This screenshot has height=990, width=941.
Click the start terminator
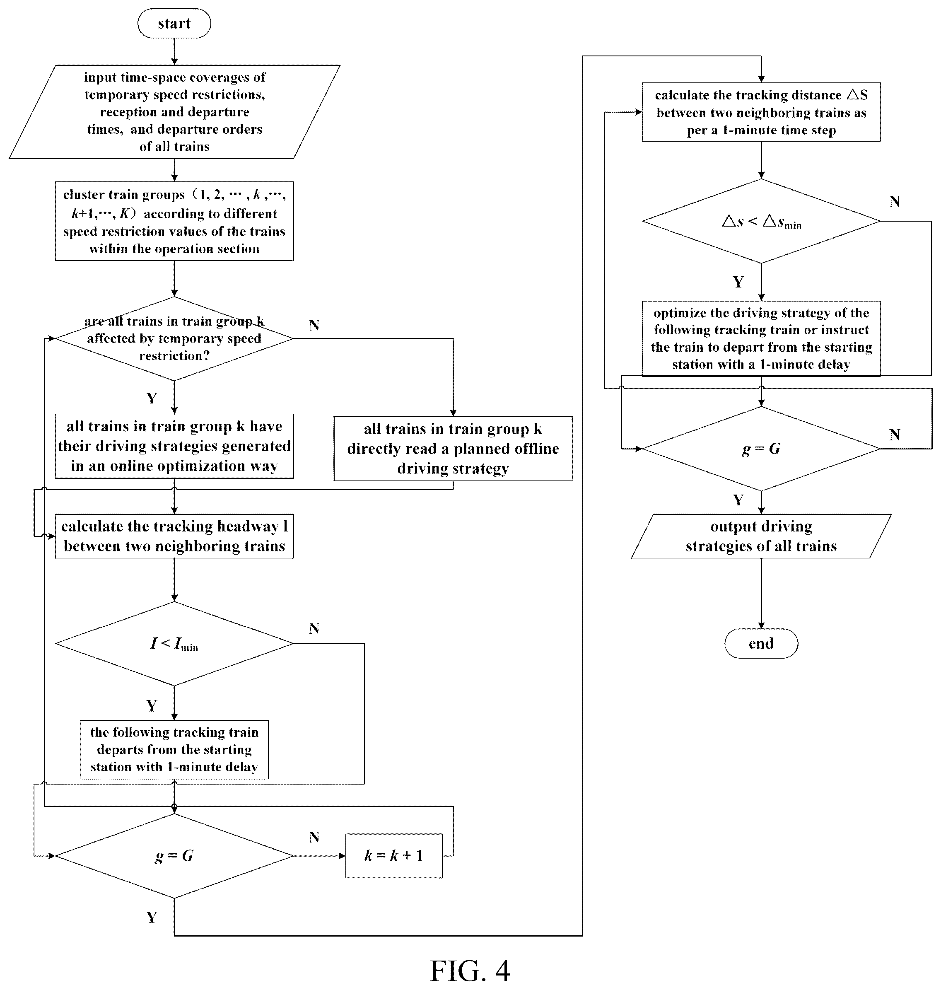(174, 23)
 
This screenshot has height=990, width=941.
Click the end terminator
(761, 643)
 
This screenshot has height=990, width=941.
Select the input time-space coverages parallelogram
(174, 112)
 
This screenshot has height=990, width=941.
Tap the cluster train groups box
(174, 221)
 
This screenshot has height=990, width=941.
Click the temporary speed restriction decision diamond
(174, 339)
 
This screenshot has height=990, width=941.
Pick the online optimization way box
(174, 446)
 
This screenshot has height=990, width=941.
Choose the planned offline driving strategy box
(453, 449)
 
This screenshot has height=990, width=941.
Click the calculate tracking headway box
(174, 536)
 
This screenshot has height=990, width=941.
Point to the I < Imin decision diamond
(174, 643)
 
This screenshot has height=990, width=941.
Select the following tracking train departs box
(174, 750)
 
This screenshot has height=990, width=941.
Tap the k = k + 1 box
(394, 855)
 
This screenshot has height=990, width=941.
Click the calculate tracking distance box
(761, 112)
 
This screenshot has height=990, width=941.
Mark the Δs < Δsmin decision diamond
(761, 221)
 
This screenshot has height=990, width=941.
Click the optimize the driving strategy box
(761, 338)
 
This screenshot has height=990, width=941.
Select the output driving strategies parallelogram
(761, 536)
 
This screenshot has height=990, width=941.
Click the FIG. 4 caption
(470, 971)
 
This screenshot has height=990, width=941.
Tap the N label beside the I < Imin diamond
(314, 628)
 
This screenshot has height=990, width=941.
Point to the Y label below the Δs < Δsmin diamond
(738, 282)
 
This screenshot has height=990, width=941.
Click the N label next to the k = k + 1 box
(314, 837)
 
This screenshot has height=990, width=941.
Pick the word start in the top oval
(174, 23)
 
